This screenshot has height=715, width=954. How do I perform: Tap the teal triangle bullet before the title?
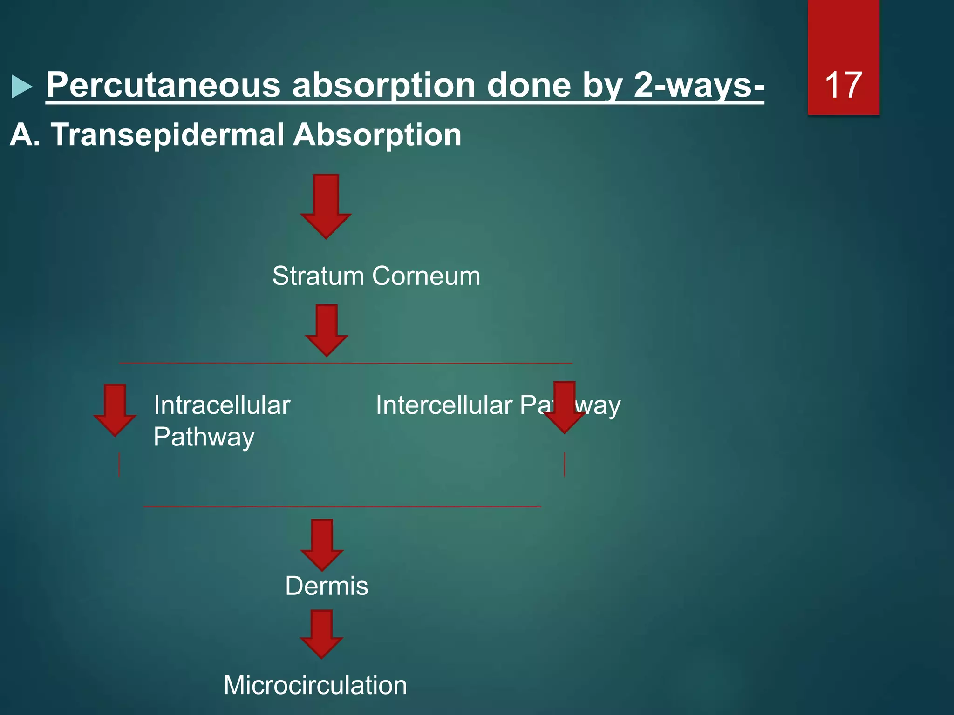[21, 87]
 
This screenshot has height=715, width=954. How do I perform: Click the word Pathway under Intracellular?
[204, 437]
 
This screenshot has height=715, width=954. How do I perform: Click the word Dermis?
[327, 586]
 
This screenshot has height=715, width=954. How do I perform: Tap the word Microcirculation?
[315, 685]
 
